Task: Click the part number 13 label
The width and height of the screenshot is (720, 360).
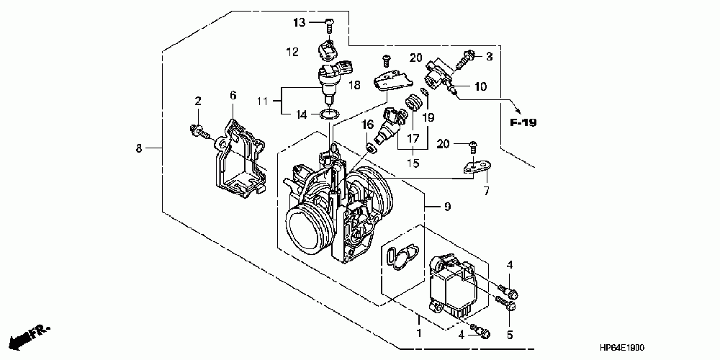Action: (300, 23)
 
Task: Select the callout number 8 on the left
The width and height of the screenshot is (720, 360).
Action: (138, 148)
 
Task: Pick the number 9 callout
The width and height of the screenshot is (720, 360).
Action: (446, 207)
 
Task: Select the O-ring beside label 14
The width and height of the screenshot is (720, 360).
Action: (330, 114)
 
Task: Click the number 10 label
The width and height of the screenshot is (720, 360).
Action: (480, 87)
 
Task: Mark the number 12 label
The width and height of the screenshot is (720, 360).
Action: (292, 52)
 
